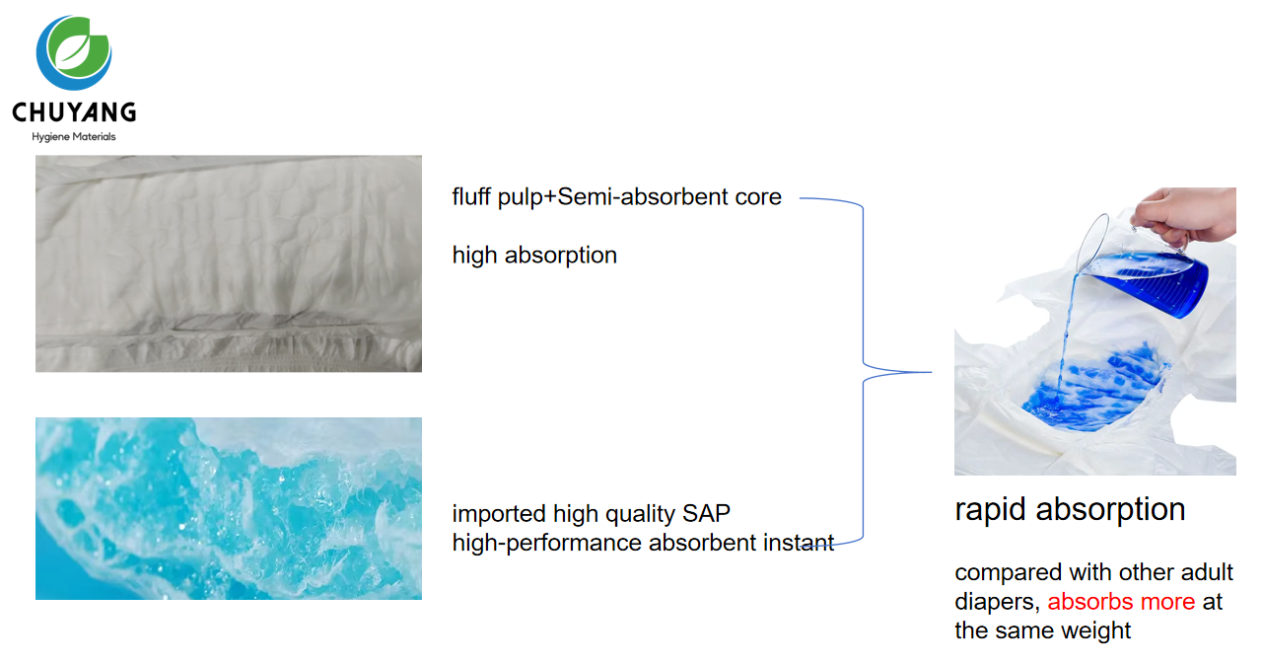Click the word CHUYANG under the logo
(74, 112)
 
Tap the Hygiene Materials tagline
(74, 137)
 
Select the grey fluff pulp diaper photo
(229, 263)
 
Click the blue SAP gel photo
(229, 508)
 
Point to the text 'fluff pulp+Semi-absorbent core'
(616, 197)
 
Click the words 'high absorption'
(534, 256)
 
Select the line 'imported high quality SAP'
(592, 514)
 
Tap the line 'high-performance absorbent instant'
(643, 543)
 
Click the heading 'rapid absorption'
(1070, 509)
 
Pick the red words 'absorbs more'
(1121, 602)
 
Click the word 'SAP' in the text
(706, 514)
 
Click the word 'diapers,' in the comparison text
(997, 602)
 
